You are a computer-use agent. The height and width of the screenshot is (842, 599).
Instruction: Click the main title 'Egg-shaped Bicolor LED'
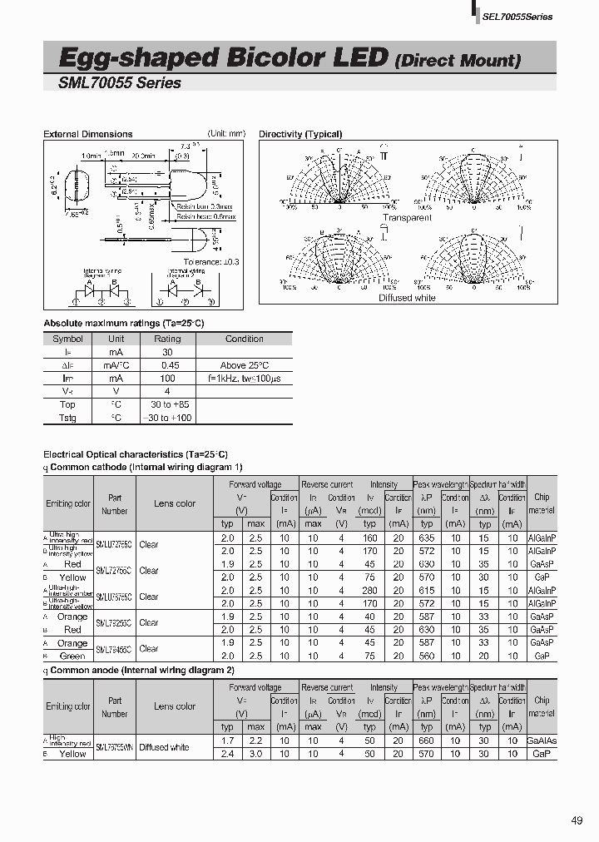point(224,57)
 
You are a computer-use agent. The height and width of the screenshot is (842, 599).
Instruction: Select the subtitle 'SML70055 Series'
point(120,82)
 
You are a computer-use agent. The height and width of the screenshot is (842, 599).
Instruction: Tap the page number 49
point(577,821)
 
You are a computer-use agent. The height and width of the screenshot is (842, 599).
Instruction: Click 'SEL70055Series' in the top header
point(517,17)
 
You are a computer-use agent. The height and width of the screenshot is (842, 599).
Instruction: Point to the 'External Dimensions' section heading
point(87,134)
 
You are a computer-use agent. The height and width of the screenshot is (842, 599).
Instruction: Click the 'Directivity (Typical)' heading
point(300,134)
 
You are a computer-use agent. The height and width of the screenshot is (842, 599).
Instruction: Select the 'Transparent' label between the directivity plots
point(407,217)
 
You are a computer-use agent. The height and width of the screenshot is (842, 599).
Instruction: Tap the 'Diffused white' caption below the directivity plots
point(407,298)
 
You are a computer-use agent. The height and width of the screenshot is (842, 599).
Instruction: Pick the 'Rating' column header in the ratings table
point(167,339)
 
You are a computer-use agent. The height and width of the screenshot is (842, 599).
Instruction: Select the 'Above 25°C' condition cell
point(245,365)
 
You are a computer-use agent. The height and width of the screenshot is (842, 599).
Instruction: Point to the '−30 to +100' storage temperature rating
point(167,418)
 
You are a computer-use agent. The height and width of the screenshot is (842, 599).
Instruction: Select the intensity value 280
point(369,590)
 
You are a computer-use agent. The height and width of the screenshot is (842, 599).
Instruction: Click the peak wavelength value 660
point(427,740)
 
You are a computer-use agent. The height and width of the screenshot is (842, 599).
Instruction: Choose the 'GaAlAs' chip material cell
point(542,740)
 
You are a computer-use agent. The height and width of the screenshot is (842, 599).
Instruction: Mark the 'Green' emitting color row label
point(72,656)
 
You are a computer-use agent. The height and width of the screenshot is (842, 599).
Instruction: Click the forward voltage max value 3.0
point(255,754)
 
